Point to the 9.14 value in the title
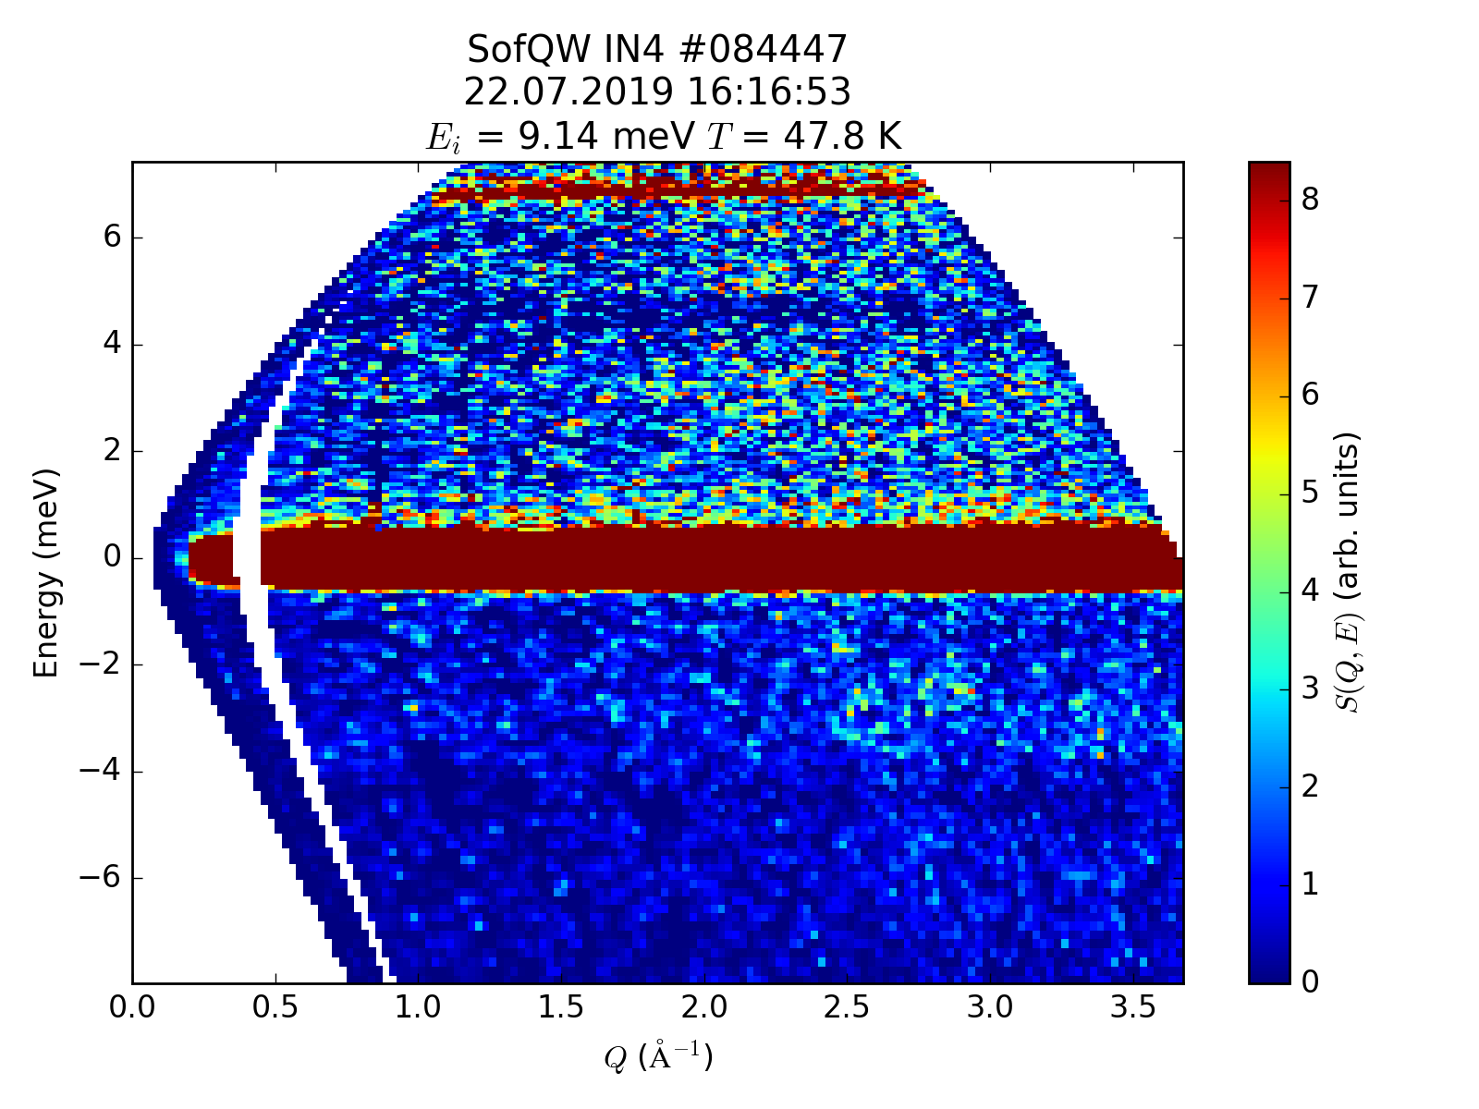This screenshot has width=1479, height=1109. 555,137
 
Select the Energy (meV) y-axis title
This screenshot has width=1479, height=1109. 46,573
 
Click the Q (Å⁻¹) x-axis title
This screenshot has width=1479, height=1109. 658,1056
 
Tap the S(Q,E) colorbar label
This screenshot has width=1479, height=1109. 1351,573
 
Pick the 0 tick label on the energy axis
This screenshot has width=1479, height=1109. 113,558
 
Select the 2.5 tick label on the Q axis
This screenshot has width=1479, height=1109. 848,1007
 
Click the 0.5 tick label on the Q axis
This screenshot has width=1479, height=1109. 275,1007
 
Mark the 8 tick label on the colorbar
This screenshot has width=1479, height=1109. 1310,199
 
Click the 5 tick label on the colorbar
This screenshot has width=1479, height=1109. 1310,493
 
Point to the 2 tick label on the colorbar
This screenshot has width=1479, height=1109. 1310,786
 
